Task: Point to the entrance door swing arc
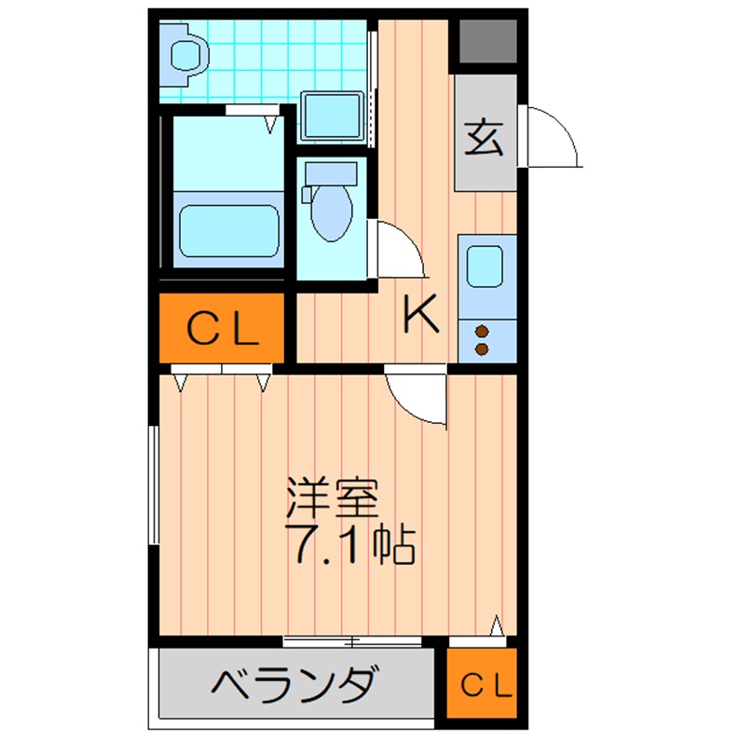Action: pyautogui.click(x=553, y=138)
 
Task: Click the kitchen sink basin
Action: pyautogui.click(x=485, y=266)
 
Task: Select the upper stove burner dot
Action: pyautogui.click(x=482, y=330)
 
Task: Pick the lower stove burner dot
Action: pyautogui.click(x=482, y=348)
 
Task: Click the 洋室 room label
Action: pyautogui.click(x=332, y=499)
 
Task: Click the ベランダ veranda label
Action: pyautogui.click(x=294, y=688)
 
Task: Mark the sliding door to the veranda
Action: pyautogui.click(x=354, y=641)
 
